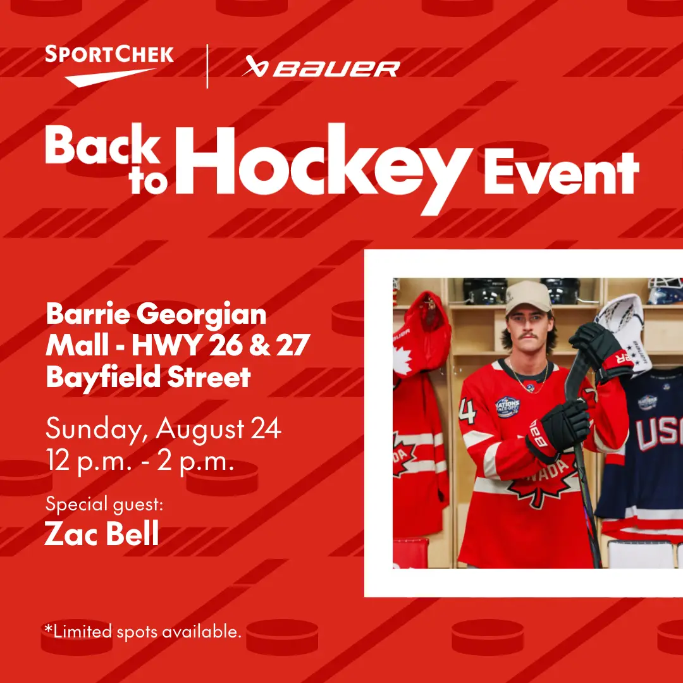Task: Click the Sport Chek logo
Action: coord(109,66)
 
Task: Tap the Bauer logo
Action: coord(321,66)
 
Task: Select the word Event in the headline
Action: coord(562,173)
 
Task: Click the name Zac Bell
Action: coord(102,533)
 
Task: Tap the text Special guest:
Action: coord(104,505)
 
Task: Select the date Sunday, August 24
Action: coord(163,429)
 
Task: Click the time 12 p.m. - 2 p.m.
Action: coord(140,461)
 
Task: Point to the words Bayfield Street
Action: coord(148,377)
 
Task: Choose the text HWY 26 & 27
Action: coord(221,345)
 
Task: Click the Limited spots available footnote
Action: coord(143,631)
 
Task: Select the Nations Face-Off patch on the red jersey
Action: coord(508,407)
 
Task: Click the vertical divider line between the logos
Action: coord(207,66)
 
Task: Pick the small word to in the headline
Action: coord(148,181)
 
